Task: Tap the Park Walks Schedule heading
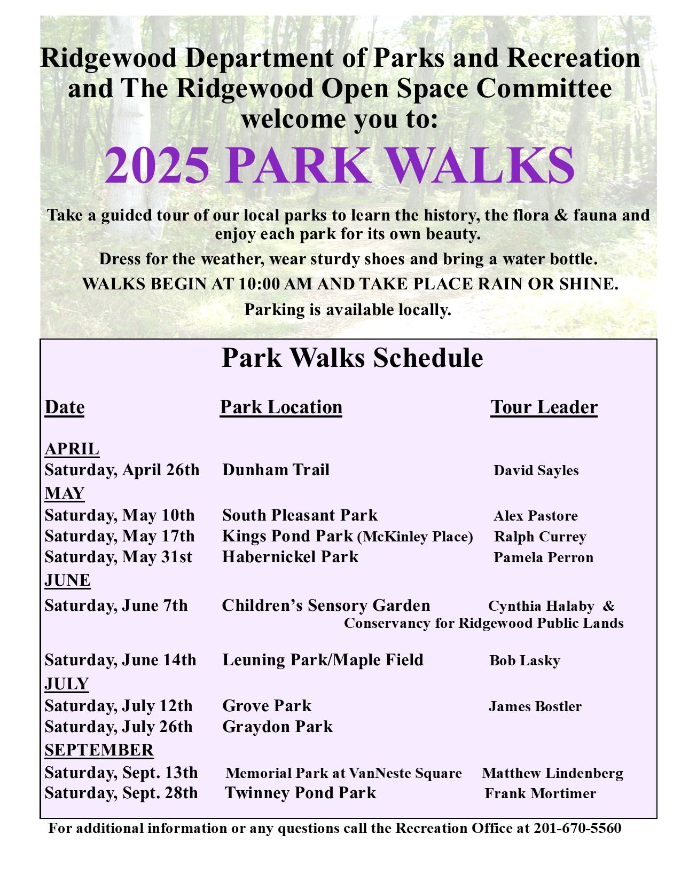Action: click(x=352, y=358)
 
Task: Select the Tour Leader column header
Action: click(x=544, y=407)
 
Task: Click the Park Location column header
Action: click(x=281, y=407)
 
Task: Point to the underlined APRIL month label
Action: click(x=72, y=449)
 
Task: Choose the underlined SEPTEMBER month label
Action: click(x=99, y=750)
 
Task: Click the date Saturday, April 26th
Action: click(x=122, y=470)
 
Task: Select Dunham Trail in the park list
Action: click(x=276, y=470)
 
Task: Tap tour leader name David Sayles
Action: click(x=536, y=470)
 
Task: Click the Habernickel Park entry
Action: click(x=290, y=557)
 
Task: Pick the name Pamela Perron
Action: click(x=543, y=557)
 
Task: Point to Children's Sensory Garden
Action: click(x=326, y=605)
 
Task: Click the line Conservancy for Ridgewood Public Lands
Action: click(x=483, y=623)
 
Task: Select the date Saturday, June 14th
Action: click(x=120, y=660)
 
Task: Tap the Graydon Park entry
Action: click(x=277, y=727)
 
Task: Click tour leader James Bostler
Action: click(x=535, y=706)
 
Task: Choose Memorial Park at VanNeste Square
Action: click(x=343, y=773)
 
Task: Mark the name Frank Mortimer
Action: click(x=540, y=793)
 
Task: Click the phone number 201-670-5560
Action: click(x=577, y=828)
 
